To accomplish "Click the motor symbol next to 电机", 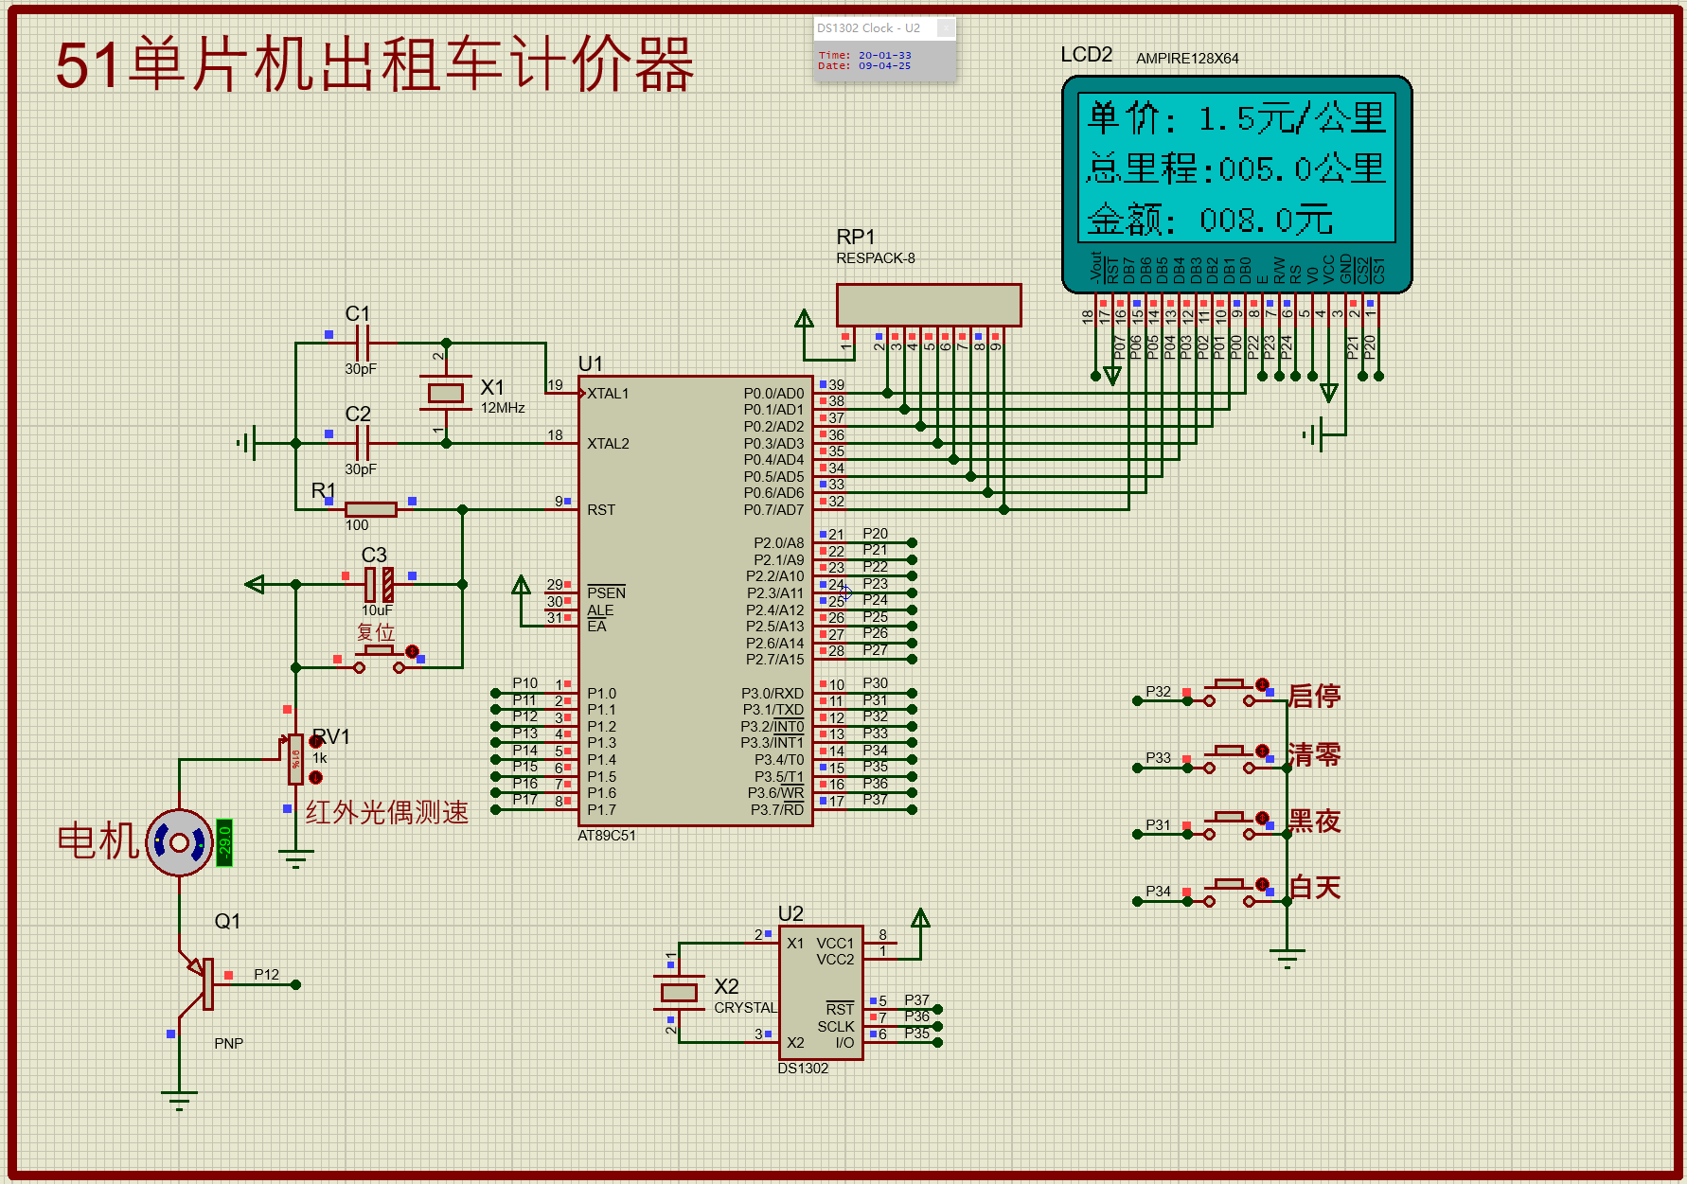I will (x=179, y=842).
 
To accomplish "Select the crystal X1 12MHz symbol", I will (x=445, y=393).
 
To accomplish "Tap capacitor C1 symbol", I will (x=362, y=343).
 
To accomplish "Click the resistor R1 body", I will (x=370, y=509).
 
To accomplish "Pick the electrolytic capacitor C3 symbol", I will (x=379, y=585).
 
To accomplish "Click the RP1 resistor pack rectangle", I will (x=928, y=305).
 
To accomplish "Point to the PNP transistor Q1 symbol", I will (x=201, y=984).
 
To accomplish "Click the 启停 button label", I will (x=1314, y=696).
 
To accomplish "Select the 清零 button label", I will (x=1314, y=754).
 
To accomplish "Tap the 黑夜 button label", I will (x=1314, y=821).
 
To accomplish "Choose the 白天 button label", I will (x=1314, y=888).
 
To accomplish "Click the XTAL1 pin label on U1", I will (x=608, y=394).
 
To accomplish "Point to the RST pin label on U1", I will (x=601, y=510).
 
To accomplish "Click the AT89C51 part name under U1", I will (x=607, y=836).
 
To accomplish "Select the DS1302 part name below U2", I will (x=803, y=1069).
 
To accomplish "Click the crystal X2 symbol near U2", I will (x=679, y=992).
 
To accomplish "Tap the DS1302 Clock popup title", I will (x=868, y=28).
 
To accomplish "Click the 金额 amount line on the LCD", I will (x=1210, y=221).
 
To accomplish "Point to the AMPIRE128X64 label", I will (x=1187, y=59).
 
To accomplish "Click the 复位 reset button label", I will (x=376, y=631).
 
